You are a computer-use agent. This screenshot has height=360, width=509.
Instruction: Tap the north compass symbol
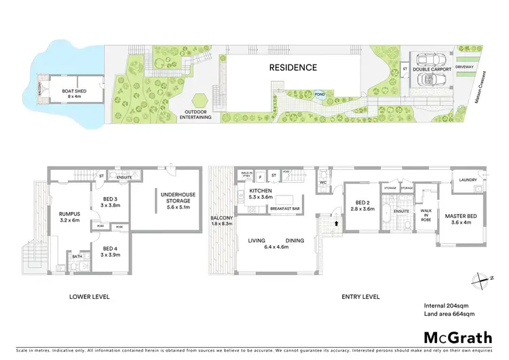tap(481, 278)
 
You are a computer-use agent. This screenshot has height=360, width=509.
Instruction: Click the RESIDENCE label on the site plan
tap(293, 67)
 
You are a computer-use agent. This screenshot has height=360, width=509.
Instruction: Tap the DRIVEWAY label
tap(465, 67)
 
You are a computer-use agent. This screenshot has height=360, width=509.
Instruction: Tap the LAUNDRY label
tap(468, 179)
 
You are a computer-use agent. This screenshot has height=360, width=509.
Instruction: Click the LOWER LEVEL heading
tap(90, 297)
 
